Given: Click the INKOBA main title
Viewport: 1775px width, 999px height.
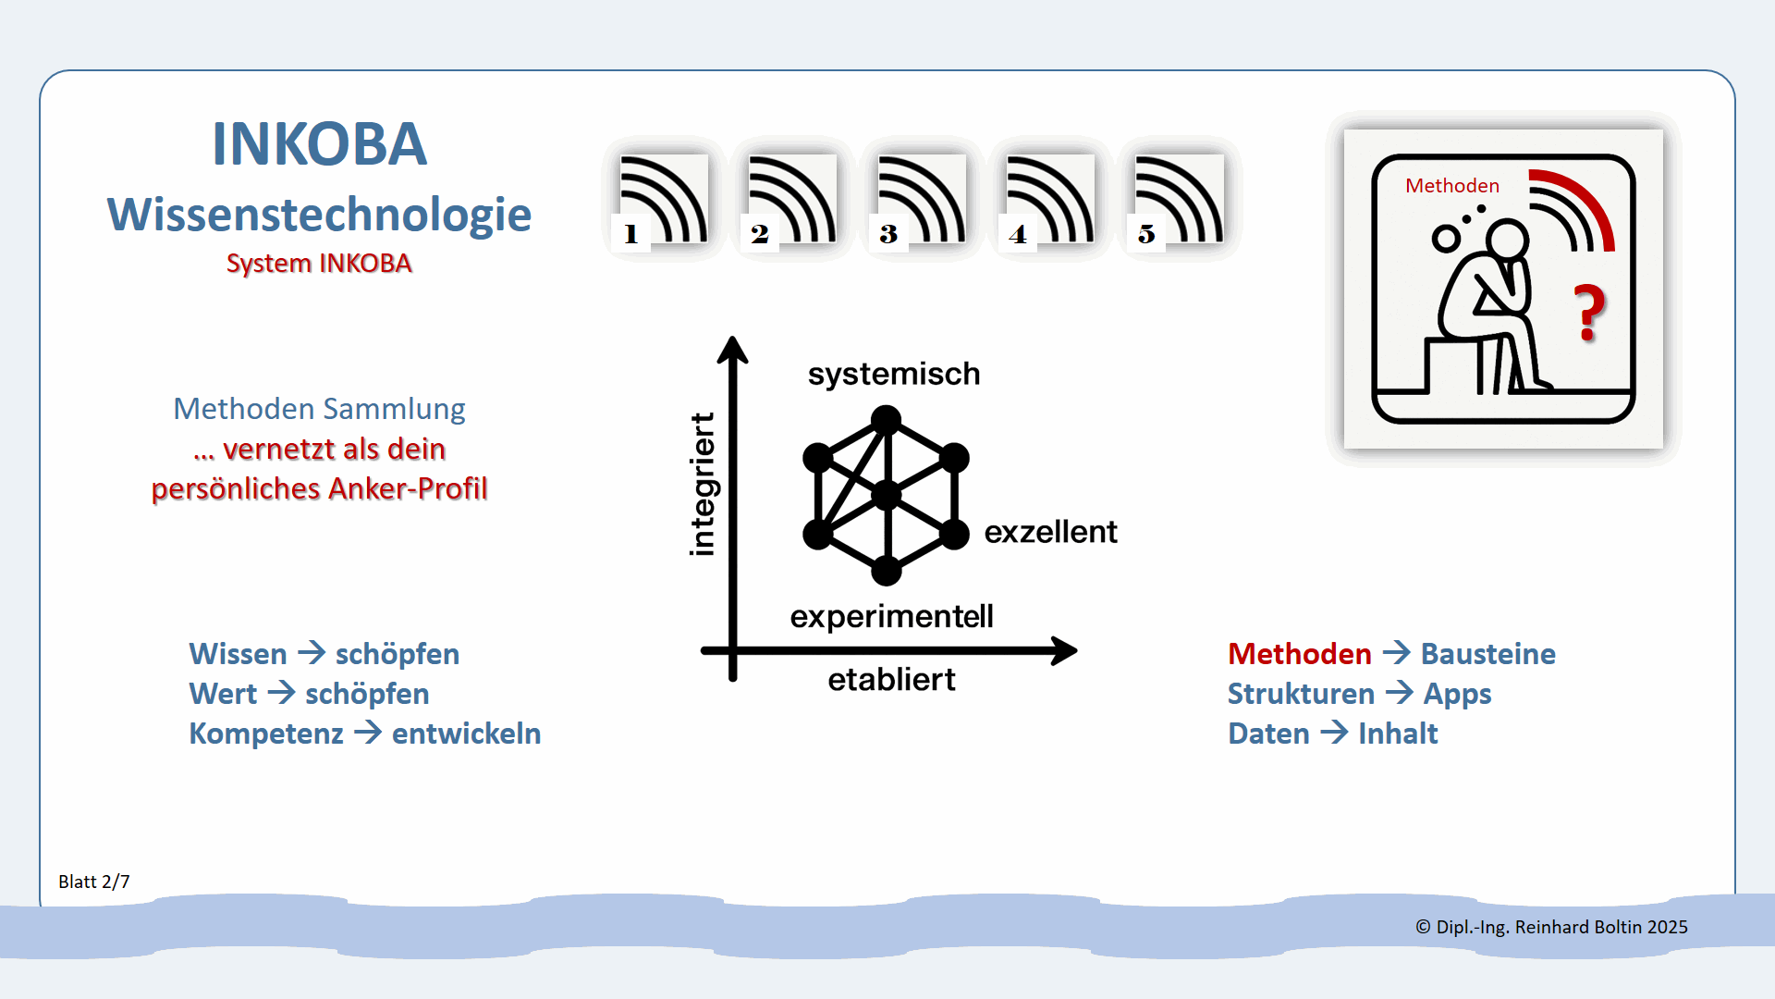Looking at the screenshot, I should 319,144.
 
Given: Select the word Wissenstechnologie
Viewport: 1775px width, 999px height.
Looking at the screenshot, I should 319,215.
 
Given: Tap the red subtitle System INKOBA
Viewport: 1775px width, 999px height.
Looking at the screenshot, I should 319,264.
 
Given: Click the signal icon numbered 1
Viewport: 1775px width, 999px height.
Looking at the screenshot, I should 663,200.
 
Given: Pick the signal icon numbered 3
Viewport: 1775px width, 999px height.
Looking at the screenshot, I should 921,200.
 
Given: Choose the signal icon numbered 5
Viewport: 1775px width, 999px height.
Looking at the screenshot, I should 1179,200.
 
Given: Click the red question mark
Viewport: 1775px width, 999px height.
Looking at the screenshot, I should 1590,313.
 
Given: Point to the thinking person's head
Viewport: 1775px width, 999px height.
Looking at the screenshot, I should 1507,239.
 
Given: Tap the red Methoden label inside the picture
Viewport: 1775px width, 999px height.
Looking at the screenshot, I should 1451,186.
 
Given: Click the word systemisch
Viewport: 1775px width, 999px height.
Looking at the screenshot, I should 893,374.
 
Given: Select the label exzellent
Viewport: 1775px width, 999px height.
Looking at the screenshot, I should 1050,532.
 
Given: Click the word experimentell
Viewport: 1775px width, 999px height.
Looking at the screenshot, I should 891,616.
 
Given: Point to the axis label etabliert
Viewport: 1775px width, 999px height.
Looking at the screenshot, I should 891,680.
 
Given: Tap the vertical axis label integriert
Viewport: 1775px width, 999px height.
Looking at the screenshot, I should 703,484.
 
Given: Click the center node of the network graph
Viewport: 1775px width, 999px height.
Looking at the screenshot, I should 887,495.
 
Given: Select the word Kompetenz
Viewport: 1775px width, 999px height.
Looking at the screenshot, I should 266,734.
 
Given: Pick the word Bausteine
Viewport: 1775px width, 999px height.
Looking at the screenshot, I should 1487,654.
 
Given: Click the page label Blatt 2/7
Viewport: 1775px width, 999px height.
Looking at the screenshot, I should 93,882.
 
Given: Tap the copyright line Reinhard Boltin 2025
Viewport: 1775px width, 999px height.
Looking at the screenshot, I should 1551,927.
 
